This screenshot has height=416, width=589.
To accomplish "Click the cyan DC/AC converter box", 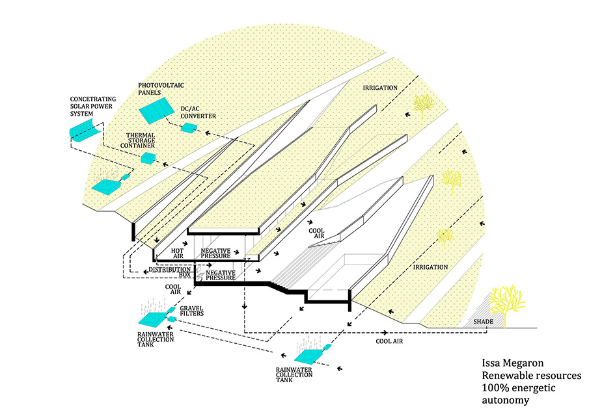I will click(x=188, y=128).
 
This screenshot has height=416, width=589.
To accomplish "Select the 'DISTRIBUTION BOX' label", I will click(x=169, y=272).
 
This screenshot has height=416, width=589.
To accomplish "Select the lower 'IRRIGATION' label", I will click(x=430, y=267).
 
